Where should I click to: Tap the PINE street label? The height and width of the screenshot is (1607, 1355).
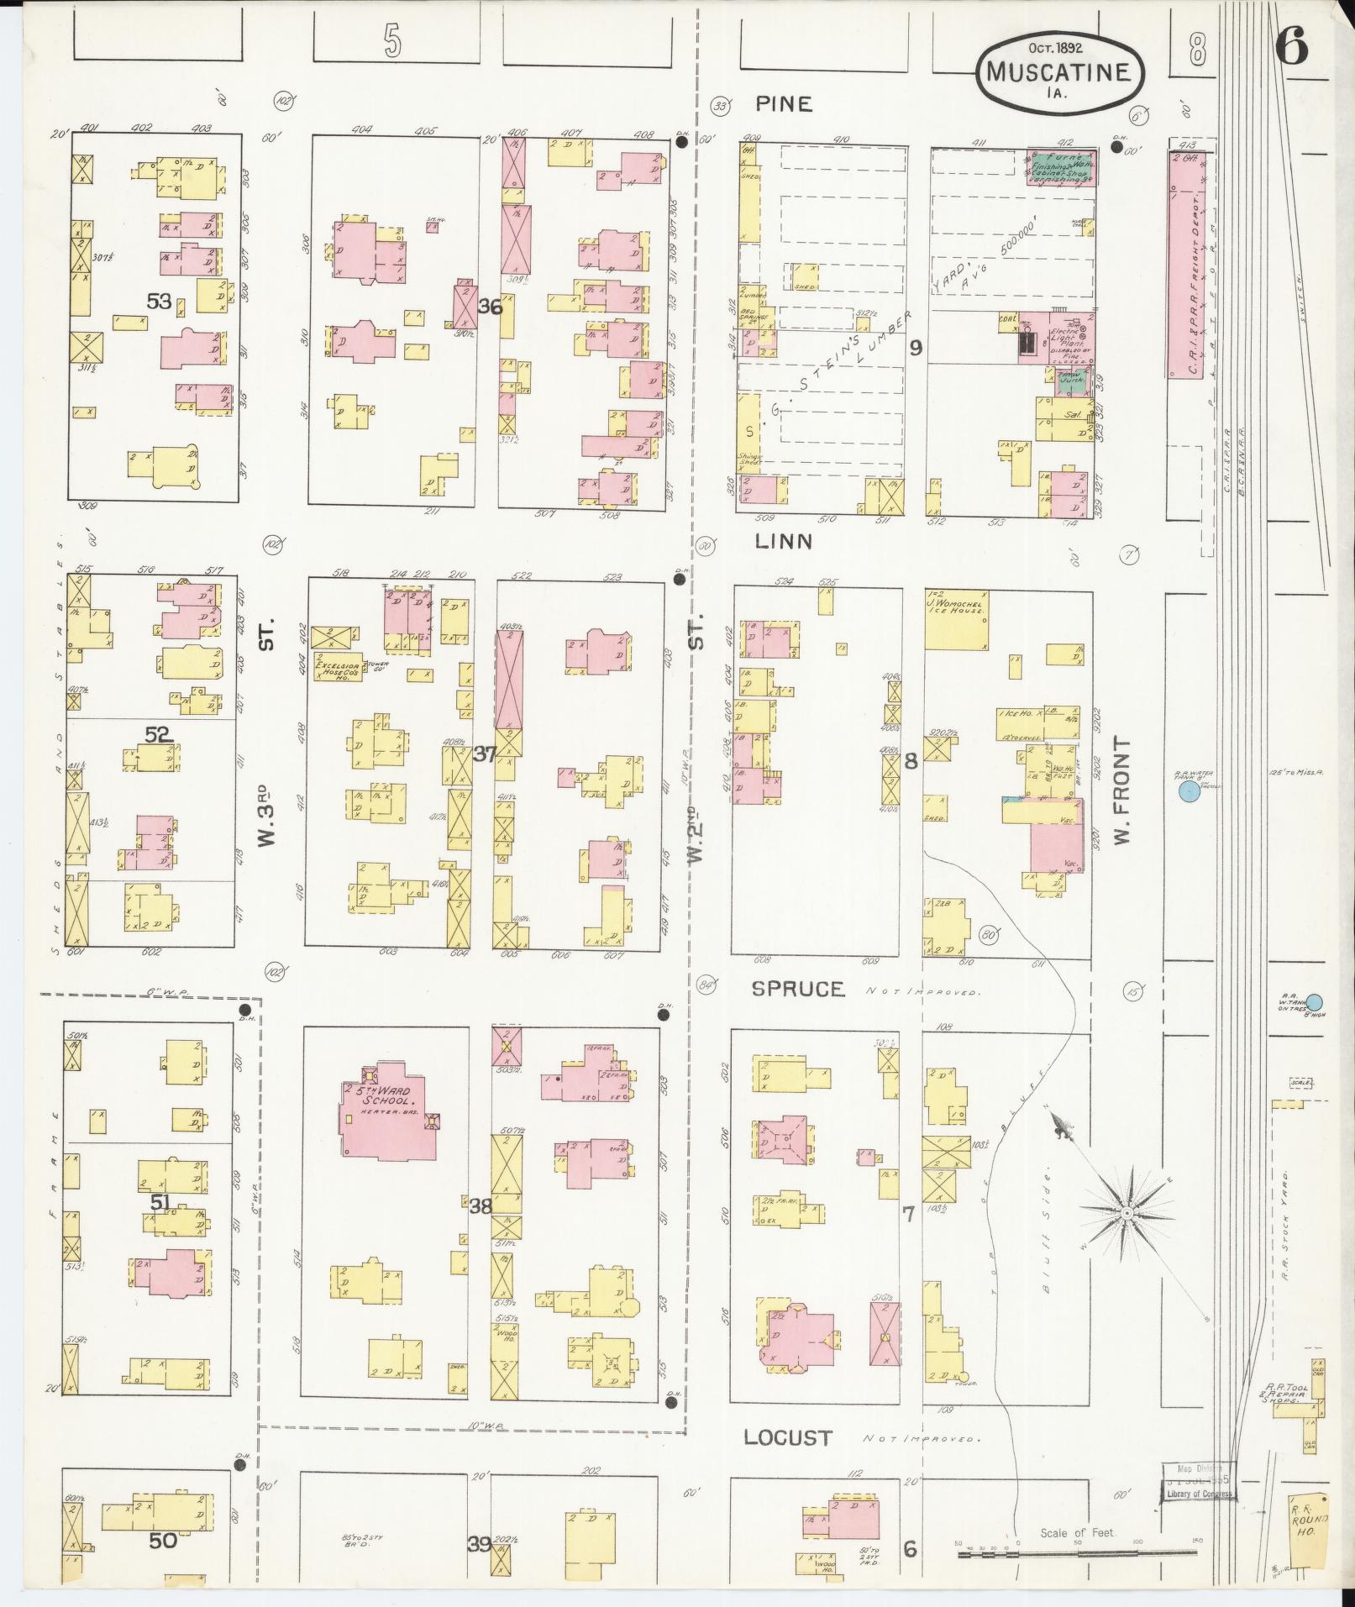click(x=783, y=103)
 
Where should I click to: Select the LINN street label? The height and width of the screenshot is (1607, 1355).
click(x=783, y=542)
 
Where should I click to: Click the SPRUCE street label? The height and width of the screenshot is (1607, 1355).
click(x=798, y=989)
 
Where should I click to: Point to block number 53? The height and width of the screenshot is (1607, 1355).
click(x=159, y=301)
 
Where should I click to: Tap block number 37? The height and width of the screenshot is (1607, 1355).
click(x=485, y=754)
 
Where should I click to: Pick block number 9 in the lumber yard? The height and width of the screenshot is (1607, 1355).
click(x=915, y=347)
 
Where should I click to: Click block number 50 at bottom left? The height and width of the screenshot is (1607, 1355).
click(x=163, y=1541)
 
